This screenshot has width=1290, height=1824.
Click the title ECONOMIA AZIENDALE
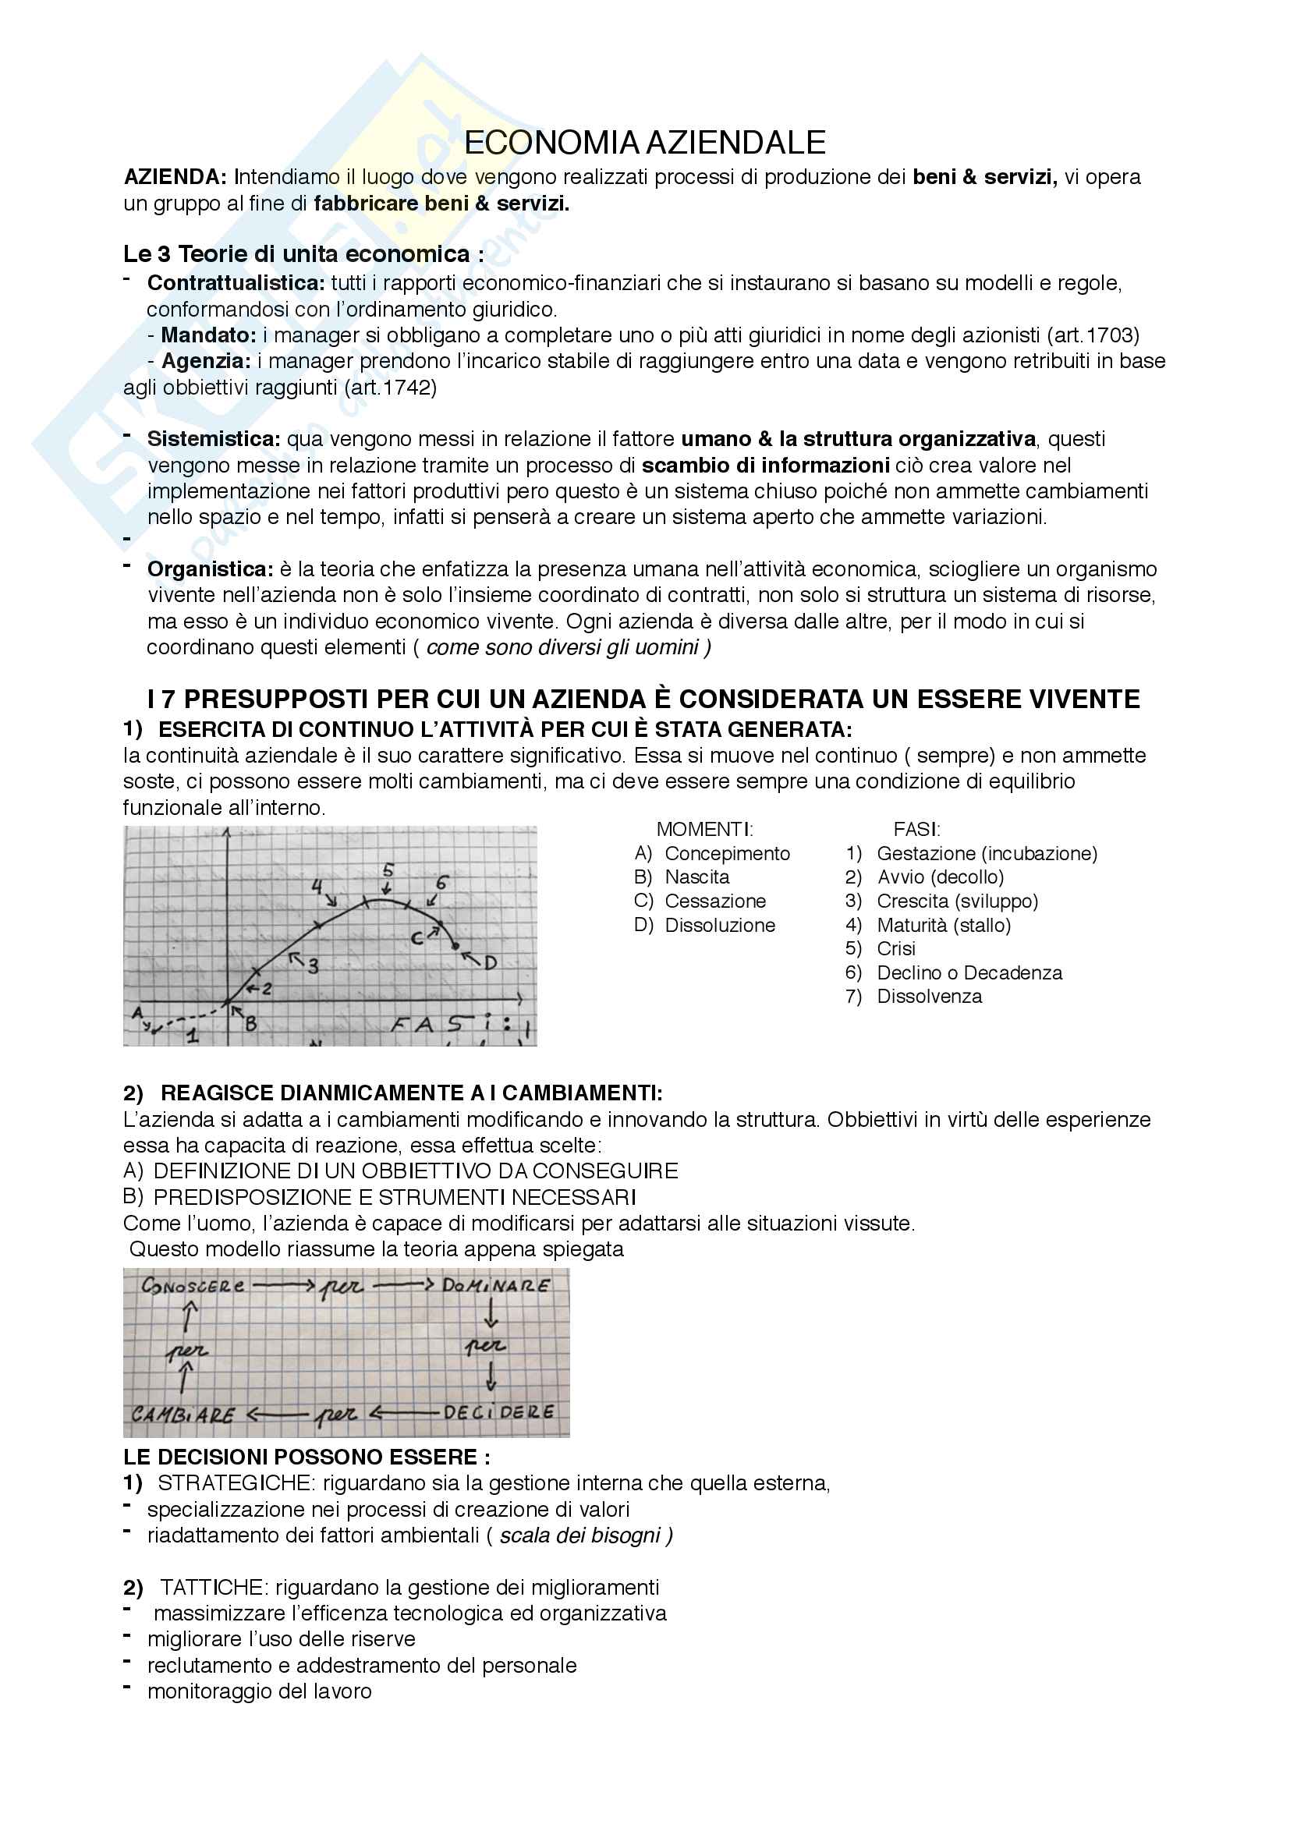644,143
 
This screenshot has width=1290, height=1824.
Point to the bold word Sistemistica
213,439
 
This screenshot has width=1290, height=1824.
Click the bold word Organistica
210,569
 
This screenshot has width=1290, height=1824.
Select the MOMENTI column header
704,830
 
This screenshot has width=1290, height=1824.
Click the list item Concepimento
727,854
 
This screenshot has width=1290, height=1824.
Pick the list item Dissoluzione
720,926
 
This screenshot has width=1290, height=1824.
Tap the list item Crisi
895,949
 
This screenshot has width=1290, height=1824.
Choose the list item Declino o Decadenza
969,973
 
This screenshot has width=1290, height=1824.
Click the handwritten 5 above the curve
388,870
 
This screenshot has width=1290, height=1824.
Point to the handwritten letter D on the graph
490,963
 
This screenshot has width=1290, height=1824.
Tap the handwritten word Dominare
496,1285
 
